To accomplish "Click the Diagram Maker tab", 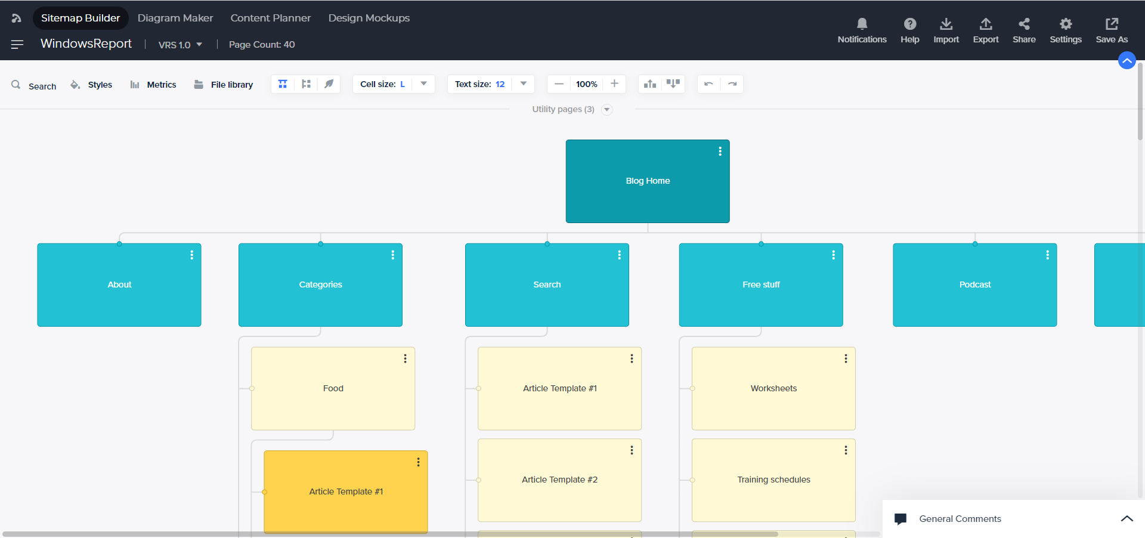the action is pos(175,18).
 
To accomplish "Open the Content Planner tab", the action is pos(271,18).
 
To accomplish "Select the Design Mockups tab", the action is pos(369,18).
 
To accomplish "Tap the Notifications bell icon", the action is pos(862,23).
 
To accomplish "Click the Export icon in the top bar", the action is pos(986,23).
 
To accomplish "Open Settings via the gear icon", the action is pos(1066,23).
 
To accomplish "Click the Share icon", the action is pos(1024,23).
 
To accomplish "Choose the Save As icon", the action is pos(1112,23).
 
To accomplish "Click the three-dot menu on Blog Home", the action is pos(720,151).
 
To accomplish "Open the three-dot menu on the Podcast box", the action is pos(1047,255).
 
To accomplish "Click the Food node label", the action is pos(333,388).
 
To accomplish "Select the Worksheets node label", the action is pos(773,388).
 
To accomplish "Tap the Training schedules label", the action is pos(773,480).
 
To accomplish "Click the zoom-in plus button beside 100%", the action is pos(614,84).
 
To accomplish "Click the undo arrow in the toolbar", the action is pos(708,84).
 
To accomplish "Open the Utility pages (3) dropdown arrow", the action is pos(607,109).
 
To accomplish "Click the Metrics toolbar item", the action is pos(153,85).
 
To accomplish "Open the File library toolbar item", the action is pos(224,85).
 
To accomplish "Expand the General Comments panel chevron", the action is pos(1127,518).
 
